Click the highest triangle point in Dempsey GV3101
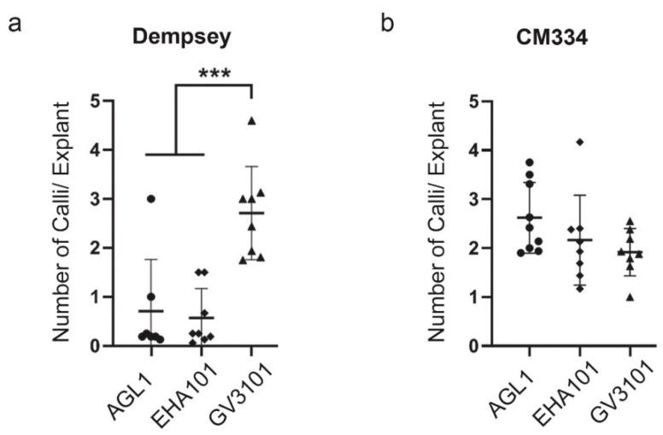(251, 121)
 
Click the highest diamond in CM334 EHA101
(579, 141)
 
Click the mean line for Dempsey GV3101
(251, 213)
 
